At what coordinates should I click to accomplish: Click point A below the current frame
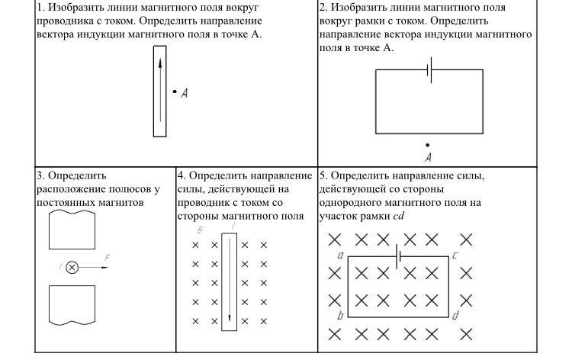[x=427, y=144]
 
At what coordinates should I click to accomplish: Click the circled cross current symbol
[x=72, y=267]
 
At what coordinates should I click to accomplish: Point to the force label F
[x=106, y=259]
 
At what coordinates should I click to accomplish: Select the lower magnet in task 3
[x=72, y=305]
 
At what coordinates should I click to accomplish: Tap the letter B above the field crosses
[x=199, y=230]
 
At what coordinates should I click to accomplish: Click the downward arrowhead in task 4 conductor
[x=230, y=317]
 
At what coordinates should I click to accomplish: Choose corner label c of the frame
[x=455, y=255]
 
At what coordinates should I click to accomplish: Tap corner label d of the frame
[x=455, y=315]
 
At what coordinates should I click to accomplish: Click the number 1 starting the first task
[x=39, y=7]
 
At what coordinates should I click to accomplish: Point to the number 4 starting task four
[x=181, y=175]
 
